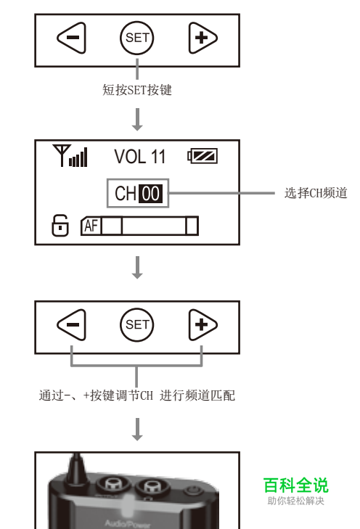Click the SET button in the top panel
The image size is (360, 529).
(x=136, y=38)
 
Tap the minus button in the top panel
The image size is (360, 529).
(x=72, y=38)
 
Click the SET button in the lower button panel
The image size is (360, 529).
(x=136, y=324)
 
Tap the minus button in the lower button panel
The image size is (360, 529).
(x=72, y=324)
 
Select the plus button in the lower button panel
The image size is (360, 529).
(x=202, y=324)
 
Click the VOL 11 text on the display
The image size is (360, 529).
(x=140, y=157)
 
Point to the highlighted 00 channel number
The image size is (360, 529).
(x=150, y=193)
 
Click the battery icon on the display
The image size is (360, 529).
(x=202, y=156)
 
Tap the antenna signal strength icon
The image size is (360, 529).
(x=70, y=155)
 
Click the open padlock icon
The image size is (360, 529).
(x=60, y=226)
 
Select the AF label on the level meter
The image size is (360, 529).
(x=91, y=226)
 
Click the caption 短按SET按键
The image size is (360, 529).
(x=137, y=90)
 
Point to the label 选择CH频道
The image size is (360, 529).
(x=316, y=193)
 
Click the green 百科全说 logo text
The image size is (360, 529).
(x=295, y=485)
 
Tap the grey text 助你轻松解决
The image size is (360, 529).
(x=295, y=501)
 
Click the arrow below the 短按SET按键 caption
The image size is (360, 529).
(x=137, y=120)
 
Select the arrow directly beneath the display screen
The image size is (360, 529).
(x=137, y=268)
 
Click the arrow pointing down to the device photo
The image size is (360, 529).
(x=137, y=430)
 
